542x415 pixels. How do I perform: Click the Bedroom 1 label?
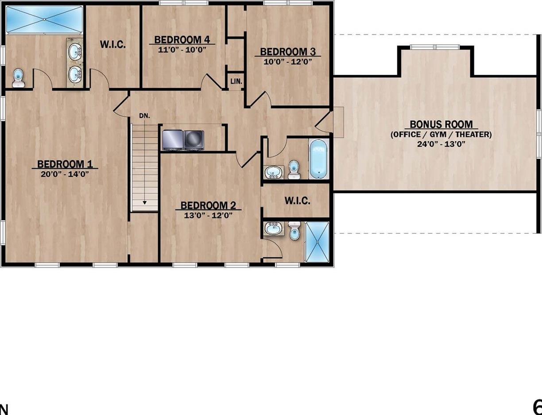point(65,164)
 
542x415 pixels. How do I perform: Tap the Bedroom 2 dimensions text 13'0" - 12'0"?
point(208,216)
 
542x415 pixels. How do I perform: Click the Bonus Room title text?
point(441,124)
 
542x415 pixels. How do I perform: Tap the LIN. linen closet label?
point(236,82)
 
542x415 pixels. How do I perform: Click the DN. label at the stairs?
point(144,116)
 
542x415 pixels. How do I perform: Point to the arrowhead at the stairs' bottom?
point(145,203)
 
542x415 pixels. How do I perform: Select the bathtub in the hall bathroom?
point(318,159)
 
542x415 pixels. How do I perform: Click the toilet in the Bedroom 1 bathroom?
point(18,78)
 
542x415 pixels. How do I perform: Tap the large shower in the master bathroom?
point(44,19)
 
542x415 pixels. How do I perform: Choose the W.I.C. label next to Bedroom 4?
point(113,44)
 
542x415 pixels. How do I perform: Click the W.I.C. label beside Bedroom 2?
point(297,200)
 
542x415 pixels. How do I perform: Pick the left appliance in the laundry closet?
point(172,138)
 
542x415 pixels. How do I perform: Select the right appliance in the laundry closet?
point(194,138)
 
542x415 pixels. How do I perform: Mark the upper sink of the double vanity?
point(75,51)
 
